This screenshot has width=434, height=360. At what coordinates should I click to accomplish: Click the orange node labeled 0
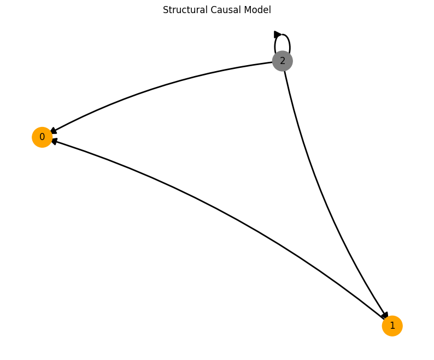(x=42, y=137)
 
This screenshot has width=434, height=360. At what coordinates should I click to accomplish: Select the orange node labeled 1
(x=392, y=326)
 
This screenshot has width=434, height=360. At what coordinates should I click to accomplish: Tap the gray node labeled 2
(x=283, y=61)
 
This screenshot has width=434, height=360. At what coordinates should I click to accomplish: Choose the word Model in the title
(x=257, y=10)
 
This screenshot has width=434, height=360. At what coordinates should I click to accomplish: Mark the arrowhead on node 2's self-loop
(x=278, y=34)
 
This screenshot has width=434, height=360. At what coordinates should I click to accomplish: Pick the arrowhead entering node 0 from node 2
(x=54, y=131)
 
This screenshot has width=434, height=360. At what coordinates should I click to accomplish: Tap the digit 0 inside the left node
(x=42, y=137)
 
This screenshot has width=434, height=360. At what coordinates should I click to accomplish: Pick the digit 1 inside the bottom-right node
(x=392, y=326)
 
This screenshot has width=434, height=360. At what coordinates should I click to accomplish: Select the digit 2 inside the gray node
(x=283, y=61)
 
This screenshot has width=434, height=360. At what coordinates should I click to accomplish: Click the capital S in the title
(x=166, y=10)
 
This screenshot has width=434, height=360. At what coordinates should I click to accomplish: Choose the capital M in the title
(x=247, y=10)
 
